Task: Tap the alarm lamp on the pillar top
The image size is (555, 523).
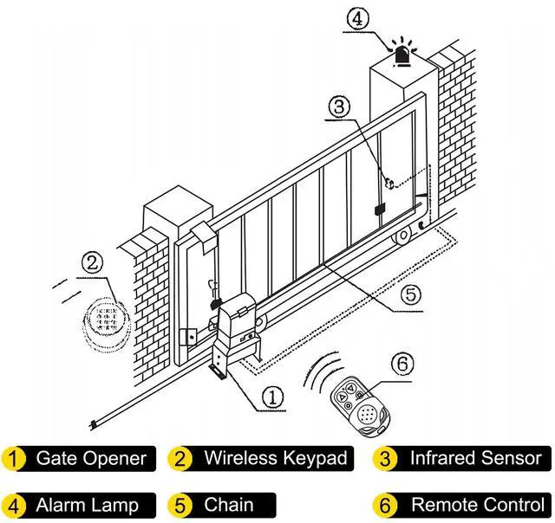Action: click(x=402, y=54)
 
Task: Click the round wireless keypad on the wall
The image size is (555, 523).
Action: click(x=105, y=323)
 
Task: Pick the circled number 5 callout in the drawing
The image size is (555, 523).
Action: click(x=413, y=296)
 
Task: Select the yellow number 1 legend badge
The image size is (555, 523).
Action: click(x=14, y=458)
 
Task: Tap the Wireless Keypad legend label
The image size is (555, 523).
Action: click(x=274, y=458)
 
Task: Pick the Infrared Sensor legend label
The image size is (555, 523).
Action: click(x=475, y=458)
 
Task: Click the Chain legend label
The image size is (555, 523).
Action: click(x=229, y=504)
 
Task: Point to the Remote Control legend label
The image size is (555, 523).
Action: click(x=477, y=504)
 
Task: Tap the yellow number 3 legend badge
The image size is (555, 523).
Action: click(x=384, y=458)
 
